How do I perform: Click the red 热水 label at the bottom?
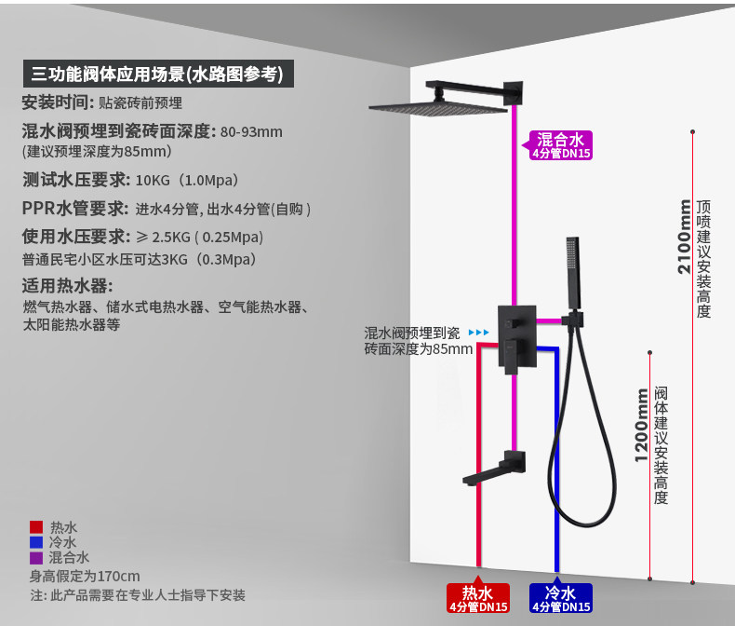point(478,598)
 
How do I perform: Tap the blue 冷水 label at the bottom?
point(560,598)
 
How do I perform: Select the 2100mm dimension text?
point(685,238)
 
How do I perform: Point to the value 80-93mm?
point(251,131)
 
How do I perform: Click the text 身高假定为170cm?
point(85,576)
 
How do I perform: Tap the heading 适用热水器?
point(67,285)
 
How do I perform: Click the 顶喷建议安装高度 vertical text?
point(703,258)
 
